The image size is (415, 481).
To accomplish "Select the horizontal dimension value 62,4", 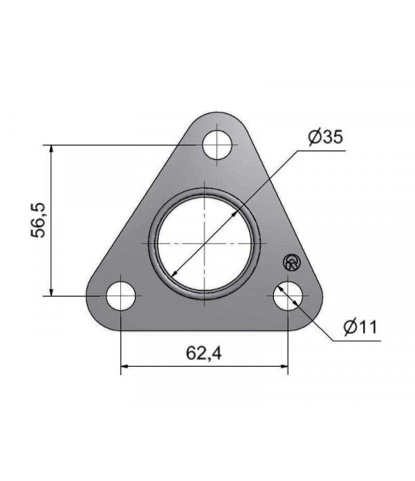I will point(203,354).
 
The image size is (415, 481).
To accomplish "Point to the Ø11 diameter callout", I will point(359,326).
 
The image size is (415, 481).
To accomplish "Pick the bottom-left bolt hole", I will point(121,296).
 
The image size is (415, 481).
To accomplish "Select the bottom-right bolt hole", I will point(287,296).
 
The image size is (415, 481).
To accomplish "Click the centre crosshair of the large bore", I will point(204,243).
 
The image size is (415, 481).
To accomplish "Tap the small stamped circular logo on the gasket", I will point(292,262).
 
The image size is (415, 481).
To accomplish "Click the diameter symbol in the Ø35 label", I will point(312,138).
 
